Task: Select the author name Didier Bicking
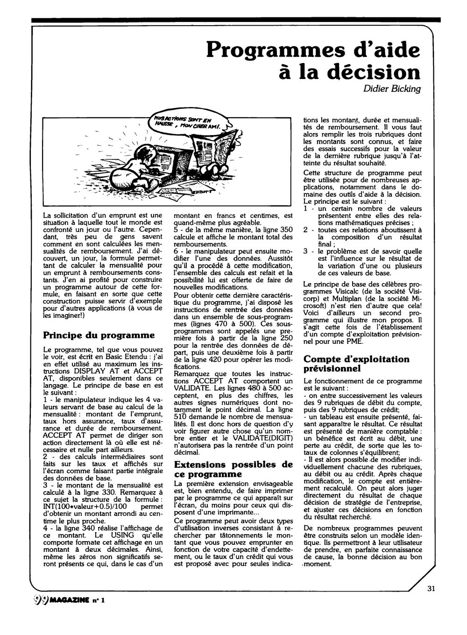[392, 89]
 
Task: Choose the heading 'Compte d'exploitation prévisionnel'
[356, 364]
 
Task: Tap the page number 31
[431, 588]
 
